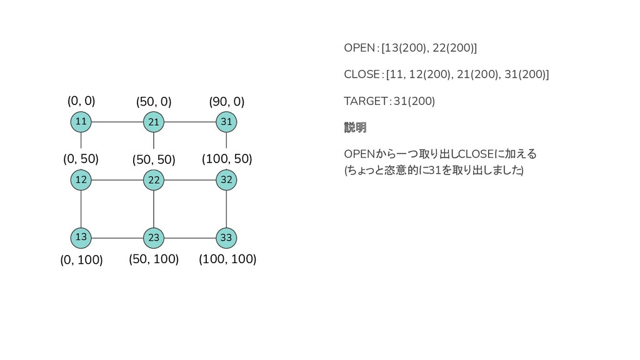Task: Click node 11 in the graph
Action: coord(81,121)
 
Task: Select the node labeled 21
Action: coord(154,122)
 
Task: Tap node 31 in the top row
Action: coord(226,122)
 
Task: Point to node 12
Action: coord(81,180)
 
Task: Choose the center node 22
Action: coord(154,180)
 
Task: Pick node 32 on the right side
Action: coord(226,180)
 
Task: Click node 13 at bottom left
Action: coord(81,237)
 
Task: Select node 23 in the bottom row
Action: coord(154,237)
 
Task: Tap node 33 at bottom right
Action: coord(226,237)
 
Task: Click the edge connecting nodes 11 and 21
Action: coord(117,122)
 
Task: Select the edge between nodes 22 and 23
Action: coord(154,209)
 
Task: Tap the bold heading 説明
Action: coord(355,127)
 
